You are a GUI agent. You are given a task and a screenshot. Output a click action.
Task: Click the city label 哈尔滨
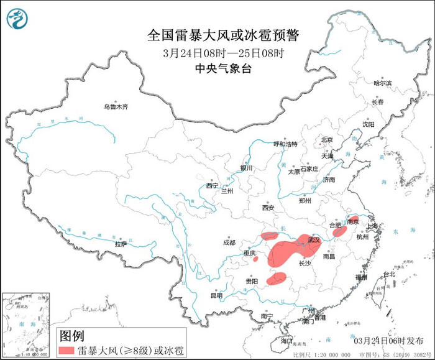(x=382, y=83)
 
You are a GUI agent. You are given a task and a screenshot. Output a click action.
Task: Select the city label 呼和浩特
(x=286, y=144)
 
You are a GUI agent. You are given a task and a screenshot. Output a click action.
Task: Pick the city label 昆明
(x=216, y=295)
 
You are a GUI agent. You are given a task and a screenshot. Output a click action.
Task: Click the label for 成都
(x=228, y=242)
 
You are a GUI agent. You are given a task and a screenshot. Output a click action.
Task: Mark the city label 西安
(x=268, y=208)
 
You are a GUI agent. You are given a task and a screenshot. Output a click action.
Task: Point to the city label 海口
(x=286, y=341)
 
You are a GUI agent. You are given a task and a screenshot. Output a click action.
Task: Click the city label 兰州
(x=226, y=191)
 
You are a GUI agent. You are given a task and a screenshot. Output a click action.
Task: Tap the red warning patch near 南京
(x=353, y=218)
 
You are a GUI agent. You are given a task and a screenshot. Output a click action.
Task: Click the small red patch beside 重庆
(x=255, y=259)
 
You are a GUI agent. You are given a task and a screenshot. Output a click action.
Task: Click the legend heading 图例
(x=71, y=336)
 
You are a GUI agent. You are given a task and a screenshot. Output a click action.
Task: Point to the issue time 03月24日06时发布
(x=386, y=341)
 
